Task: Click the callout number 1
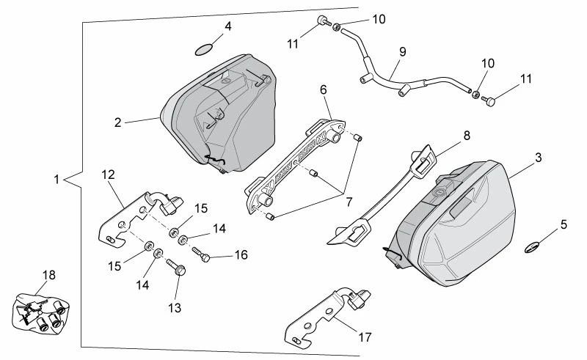[56, 178]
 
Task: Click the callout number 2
[117, 123]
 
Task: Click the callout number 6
[323, 90]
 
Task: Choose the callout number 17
[365, 338]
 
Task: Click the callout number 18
[48, 275]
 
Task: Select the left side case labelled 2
[220, 110]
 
